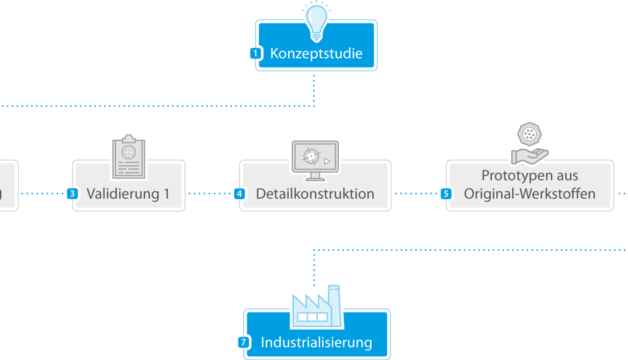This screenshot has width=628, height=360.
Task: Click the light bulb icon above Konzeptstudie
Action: tap(316, 21)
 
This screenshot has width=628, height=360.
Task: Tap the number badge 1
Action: tap(255, 53)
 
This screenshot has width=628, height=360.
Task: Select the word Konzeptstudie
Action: tap(316, 53)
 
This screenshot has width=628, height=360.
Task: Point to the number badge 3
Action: tap(72, 193)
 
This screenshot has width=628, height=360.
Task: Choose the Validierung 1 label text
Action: tap(128, 194)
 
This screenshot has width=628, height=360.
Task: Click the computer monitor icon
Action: tap(315, 159)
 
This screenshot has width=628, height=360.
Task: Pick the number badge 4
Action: tap(240, 193)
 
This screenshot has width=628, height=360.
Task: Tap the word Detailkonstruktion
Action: tap(315, 194)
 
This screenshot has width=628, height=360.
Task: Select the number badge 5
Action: tap(446, 193)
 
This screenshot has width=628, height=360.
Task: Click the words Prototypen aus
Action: tap(530, 176)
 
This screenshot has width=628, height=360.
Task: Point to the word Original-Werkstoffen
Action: tap(530, 194)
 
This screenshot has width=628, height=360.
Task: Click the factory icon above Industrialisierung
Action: tap(316, 307)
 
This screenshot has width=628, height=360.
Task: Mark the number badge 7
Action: tap(243, 342)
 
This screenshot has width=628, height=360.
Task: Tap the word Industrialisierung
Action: tap(316, 342)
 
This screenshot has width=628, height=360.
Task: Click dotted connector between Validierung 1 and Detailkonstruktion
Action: tap(210, 193)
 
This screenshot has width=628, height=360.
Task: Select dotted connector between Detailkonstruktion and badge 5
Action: tap(415, 193)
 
